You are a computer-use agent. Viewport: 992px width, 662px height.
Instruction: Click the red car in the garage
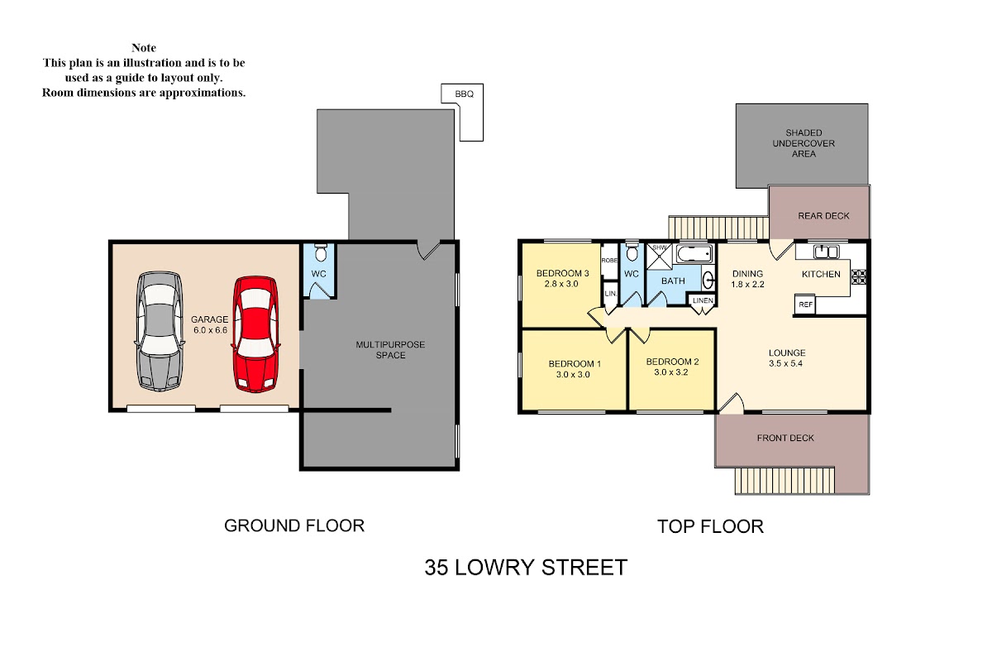[x=256, y=334]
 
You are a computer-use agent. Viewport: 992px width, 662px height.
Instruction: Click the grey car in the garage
[x=160, y=331]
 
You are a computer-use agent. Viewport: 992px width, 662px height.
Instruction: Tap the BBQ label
[x=464, y=94]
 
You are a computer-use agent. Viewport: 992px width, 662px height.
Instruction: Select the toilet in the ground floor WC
[x=320, y=252]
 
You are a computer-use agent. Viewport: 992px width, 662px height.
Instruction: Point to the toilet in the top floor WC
[x=632, y=252]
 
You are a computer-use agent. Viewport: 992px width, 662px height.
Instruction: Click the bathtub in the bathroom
[x=694, y=254]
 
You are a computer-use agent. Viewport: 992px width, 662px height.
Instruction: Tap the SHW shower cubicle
[x=660, y=257]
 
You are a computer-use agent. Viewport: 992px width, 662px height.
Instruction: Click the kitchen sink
[x=826, y=252]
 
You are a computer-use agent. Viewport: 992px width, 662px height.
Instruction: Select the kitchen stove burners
[x=859, y=276]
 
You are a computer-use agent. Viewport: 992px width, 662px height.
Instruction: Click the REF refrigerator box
[x=805, y=305]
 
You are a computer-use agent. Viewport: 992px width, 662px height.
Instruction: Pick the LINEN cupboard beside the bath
[x=703, y=300]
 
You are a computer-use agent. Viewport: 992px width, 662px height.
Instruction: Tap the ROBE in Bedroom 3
[x=609, y=261]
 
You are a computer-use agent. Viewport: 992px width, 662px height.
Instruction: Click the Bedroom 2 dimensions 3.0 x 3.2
[x=671, y=372]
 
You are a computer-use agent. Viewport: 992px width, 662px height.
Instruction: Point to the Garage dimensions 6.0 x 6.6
[x=210, y=330]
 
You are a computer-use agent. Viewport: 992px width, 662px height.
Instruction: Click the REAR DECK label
[x=823, y=216]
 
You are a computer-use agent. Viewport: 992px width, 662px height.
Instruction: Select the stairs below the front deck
[x=785, y=480]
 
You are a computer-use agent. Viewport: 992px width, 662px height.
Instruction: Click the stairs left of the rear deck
[x=718, y=228]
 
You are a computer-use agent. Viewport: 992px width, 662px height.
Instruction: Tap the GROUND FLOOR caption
[x=294, y=525]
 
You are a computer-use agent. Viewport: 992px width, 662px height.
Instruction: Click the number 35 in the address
[x=436, y=568]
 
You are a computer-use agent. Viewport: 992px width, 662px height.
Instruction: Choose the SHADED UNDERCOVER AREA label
[x=804, y=143]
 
